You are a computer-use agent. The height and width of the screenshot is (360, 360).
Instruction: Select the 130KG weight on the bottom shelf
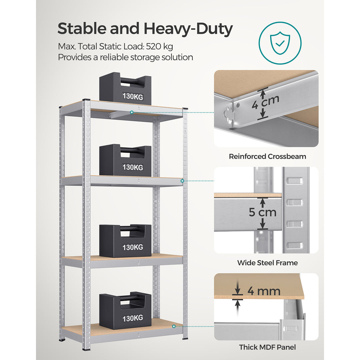[x=125, y=311]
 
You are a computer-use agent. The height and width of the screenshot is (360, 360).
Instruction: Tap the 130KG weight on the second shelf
[x=125, y=161]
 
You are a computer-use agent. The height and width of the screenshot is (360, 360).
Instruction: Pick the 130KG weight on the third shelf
[x=125, y=241]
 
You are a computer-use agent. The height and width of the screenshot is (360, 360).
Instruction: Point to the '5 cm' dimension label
[x=263, y=212]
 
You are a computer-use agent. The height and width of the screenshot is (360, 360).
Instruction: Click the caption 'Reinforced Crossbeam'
[x=267, y=156]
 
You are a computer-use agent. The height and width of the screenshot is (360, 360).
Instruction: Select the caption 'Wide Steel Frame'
[x=267, y=263]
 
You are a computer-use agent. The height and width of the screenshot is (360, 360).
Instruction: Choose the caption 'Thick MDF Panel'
[x=267, y=347]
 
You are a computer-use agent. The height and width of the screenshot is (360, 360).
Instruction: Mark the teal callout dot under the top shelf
[x=132, y=112]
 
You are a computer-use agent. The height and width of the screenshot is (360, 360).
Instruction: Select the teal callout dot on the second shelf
[x=182, y=181]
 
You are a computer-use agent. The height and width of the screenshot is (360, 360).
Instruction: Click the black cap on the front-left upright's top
[x=87, y=100]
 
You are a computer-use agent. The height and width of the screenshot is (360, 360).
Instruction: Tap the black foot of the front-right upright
[x=185, y=338]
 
